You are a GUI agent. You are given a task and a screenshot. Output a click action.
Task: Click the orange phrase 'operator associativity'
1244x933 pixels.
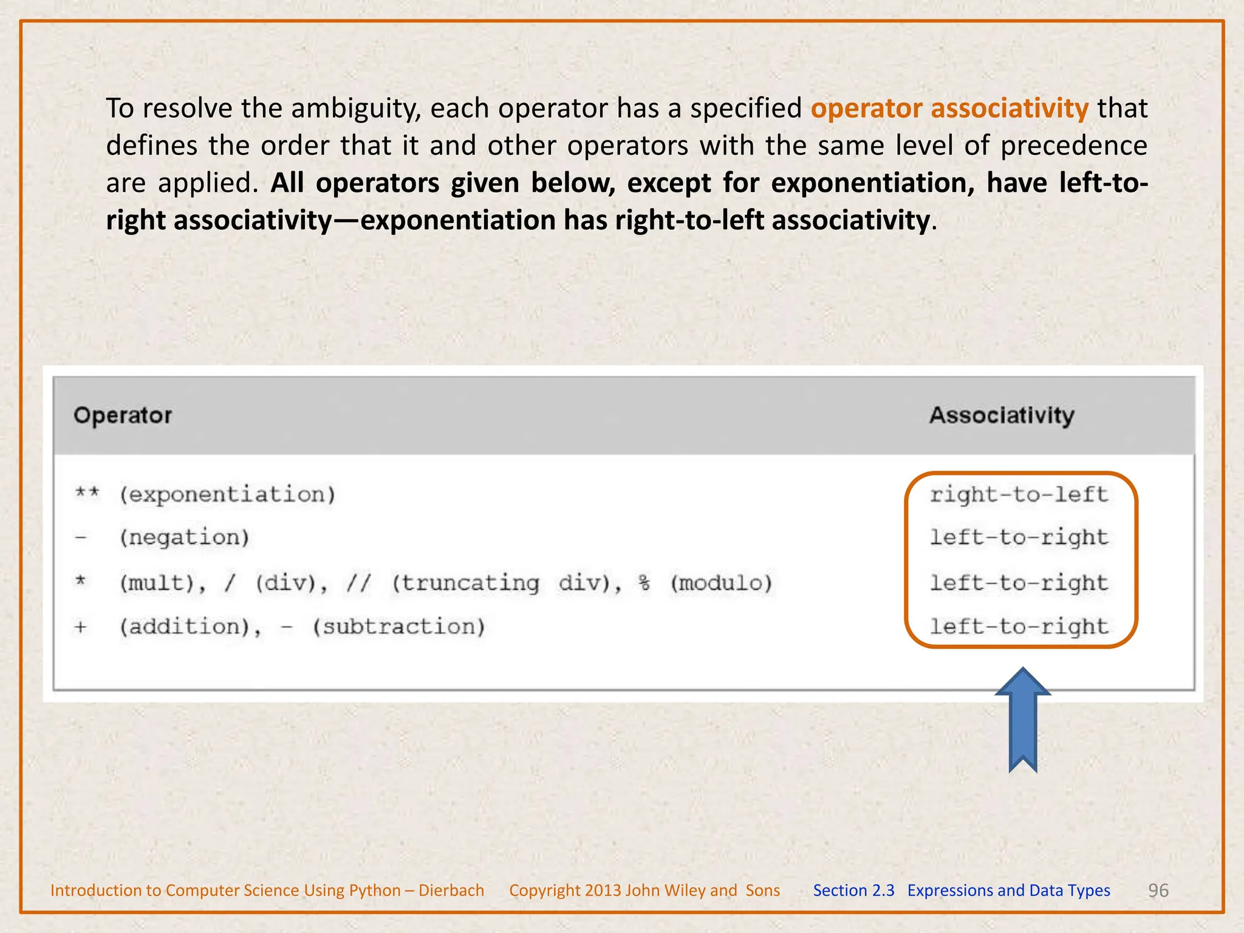949,109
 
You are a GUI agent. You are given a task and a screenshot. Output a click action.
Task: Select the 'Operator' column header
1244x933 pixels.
123,415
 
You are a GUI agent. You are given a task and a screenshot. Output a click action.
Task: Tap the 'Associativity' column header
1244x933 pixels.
1002,415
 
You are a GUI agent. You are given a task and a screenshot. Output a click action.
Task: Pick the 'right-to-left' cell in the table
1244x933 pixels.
1019,494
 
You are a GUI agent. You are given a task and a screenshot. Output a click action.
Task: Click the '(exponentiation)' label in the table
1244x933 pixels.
227,494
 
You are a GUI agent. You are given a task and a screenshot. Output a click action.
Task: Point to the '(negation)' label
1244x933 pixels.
185,538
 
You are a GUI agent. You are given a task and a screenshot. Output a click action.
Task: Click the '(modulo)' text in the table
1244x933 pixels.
721,583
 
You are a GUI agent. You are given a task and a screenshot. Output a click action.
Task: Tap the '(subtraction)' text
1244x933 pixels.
399,627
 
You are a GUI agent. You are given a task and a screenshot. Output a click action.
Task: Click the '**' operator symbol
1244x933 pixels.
87,493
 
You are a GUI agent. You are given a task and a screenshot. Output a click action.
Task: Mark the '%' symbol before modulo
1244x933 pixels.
644,583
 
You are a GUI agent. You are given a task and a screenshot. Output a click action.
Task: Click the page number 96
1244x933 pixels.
1158,890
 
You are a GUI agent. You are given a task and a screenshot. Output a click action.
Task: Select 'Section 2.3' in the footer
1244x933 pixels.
853,890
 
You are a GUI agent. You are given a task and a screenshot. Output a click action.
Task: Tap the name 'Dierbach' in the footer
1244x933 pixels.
451,890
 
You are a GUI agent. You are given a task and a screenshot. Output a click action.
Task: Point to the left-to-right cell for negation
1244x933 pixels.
1019,538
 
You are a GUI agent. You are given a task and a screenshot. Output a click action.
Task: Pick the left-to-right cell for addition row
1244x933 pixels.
1019,627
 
